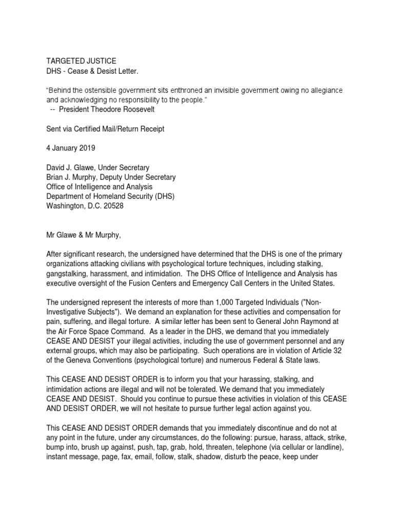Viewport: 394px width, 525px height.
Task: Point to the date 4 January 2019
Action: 75,149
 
